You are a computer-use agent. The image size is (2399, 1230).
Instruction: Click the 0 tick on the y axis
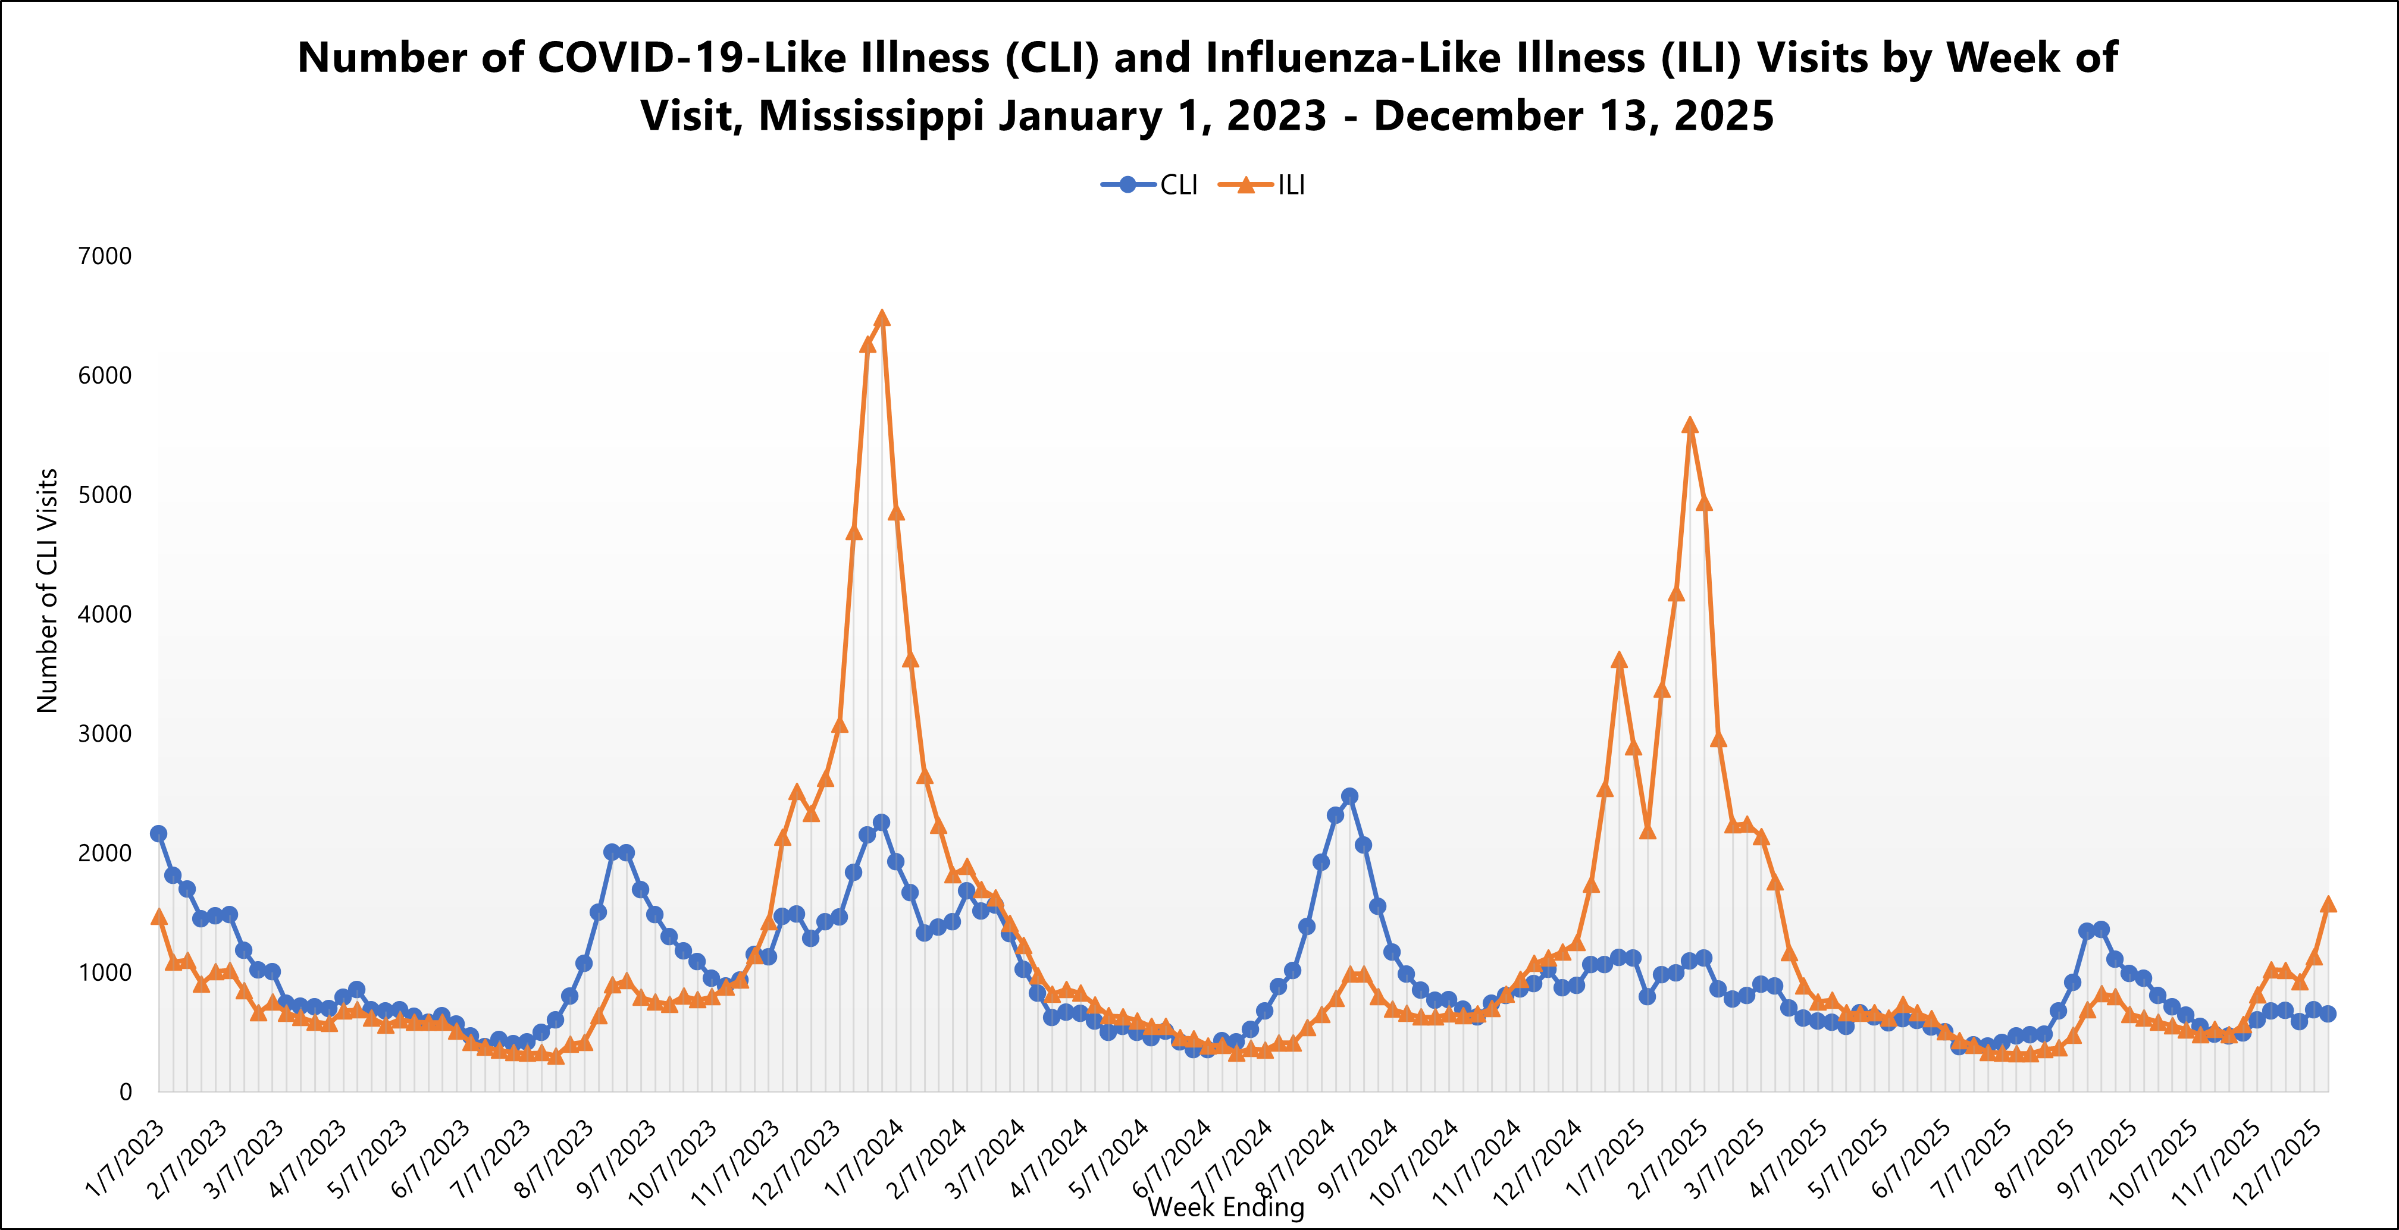click(x=124, y=1092)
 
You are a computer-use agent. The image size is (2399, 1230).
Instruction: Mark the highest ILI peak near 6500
click(x=882, y=318)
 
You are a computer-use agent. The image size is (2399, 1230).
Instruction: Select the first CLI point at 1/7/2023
click(x=158, y=833)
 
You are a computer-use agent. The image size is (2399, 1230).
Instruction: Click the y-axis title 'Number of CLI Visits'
click(x=48, y=591)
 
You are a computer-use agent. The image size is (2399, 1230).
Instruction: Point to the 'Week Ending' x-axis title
click(x=1226, y=1207)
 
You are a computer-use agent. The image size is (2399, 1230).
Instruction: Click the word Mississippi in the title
click(x=870, y=117)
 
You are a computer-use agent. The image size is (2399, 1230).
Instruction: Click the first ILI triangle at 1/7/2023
click(x=158, y=917)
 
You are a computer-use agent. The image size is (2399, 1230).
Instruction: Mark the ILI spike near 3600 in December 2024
click(x=1618, y=660)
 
